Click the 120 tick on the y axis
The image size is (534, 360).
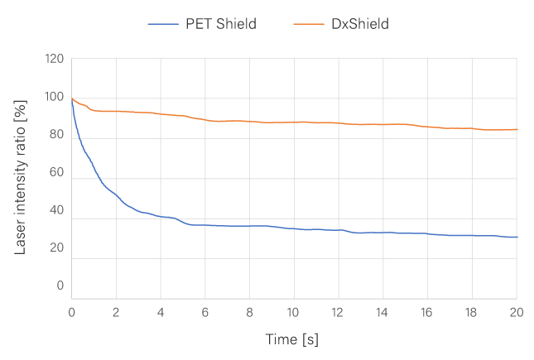point(54,60)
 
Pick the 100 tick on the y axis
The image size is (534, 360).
point(54,98)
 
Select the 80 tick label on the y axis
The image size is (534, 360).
point(56,135)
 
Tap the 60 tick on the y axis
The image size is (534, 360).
point(56,173)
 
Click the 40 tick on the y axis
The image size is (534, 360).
point(56,210)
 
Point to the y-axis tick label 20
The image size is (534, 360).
point(56,247)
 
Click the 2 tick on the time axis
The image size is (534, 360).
point(117,314)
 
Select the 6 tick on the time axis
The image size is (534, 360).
point(205,314)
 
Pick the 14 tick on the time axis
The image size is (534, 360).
point(382,314)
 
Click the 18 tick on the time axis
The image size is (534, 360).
point(471,314)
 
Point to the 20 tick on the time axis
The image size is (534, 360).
point(515,314)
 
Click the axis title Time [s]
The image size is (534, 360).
point(291,339)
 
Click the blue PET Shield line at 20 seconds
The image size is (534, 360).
point(516,238)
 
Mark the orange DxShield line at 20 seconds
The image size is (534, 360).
point(516,129)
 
